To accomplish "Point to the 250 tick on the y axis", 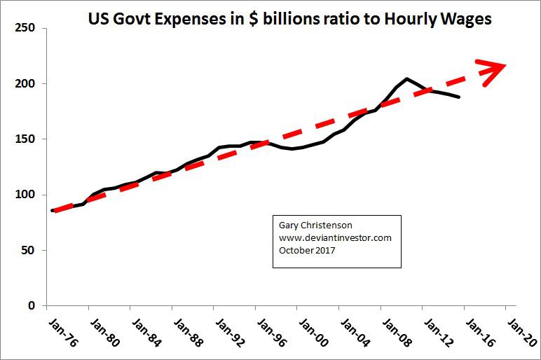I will (x=25, y=29).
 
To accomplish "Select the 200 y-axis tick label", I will (x=25, y=84).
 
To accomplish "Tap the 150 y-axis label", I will (x=25, y=139).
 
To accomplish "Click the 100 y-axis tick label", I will (x=25, y=195).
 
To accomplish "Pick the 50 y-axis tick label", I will (x=27, y=250).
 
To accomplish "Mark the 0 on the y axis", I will (x=31, y=305).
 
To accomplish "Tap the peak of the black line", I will (x=406, y=78).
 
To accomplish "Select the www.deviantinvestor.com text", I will (x=335, y=238).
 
